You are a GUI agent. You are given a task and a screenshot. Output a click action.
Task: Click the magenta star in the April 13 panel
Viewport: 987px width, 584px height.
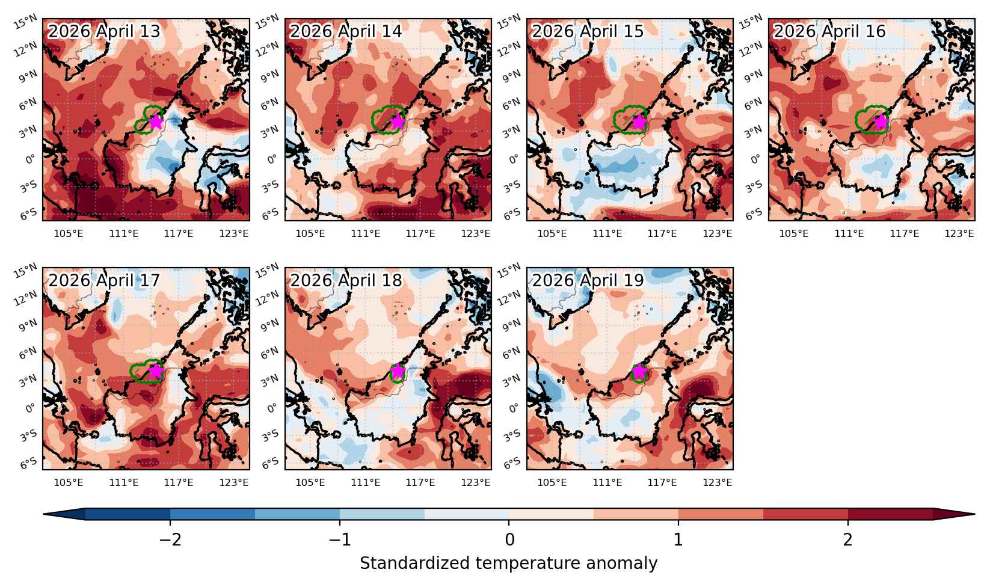click(x=156, y=121)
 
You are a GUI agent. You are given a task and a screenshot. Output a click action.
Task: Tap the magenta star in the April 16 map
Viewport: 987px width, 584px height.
click(x=881, y=121)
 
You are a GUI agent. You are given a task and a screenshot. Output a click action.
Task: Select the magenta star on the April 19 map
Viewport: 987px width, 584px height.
click(x=639, y=370)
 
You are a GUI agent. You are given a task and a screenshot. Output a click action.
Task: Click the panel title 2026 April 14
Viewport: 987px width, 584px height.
click(x=345, y=31)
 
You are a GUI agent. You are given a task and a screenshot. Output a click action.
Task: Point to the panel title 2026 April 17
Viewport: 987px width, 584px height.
click(x=104, y=280)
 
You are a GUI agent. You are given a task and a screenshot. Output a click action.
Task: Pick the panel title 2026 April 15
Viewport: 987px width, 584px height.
click(x=588, y=31)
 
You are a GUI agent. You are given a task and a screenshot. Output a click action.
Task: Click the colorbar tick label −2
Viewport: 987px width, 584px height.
click(x=170, y=539)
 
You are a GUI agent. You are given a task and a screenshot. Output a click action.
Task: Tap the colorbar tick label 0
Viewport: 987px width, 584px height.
click(x=509, y=539)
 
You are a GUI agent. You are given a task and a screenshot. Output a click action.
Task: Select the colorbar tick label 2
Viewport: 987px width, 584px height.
click(x=848, y=539)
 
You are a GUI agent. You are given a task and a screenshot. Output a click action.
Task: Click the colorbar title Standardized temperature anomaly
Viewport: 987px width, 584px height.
click(x=508, y=564)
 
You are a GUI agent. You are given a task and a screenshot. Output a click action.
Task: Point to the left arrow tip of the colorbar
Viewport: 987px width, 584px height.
click(x=43, y=514)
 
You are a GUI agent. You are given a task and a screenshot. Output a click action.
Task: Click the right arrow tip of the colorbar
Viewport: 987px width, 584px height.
click(x=974, y=514)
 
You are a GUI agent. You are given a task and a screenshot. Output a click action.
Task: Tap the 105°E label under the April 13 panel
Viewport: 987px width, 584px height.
click(x=69, y=233)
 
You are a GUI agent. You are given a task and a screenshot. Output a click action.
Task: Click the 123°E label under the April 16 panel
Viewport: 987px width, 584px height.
click(x=959, y=233)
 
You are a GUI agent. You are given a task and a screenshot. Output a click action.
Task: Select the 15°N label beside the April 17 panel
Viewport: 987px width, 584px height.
click(x=25, y=271)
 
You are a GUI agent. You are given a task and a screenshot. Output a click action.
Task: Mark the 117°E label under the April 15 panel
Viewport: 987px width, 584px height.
click(x=662, y=233)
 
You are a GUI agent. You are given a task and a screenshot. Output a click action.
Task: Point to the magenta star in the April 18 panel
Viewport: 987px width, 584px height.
click(x=398, y=370)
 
